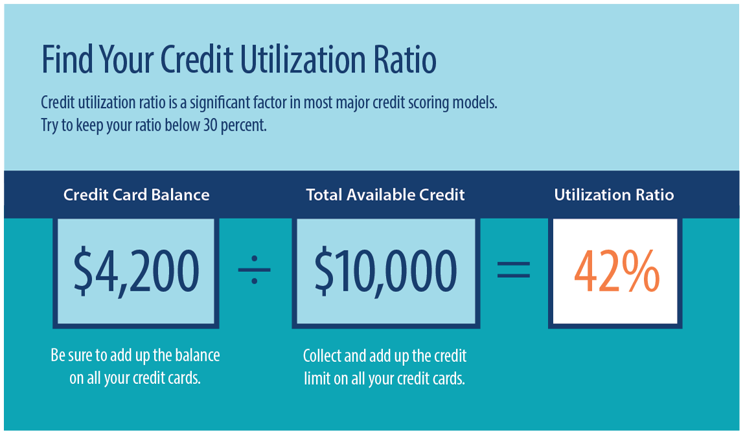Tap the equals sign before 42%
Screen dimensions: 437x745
513,270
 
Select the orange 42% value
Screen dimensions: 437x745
616,272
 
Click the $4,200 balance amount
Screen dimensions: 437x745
136,272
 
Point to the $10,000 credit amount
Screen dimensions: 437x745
386,272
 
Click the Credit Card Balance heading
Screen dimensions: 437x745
137,194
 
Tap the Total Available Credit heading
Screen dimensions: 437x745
385,194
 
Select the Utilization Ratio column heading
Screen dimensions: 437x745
614,194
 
